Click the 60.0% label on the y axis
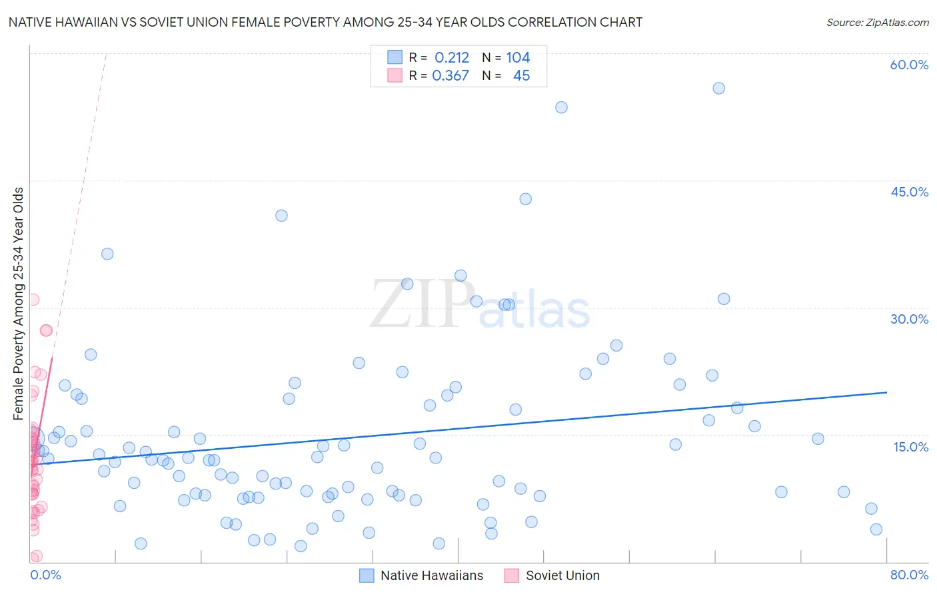909,65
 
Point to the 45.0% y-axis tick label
909,192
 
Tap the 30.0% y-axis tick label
909,319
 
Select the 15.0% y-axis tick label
910,447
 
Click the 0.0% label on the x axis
45,575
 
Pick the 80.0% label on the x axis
909,575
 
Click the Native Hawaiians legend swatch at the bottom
367,575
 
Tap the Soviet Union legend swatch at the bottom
512,575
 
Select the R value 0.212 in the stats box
452,58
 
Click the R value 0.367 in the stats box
451,76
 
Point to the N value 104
518,58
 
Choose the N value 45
521,76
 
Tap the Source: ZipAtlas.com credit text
877,22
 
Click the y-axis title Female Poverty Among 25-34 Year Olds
18,304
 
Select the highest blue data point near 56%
718,89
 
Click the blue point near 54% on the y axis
561,107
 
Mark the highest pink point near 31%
33,300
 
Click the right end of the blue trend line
886,392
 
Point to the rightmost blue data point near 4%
876,529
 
